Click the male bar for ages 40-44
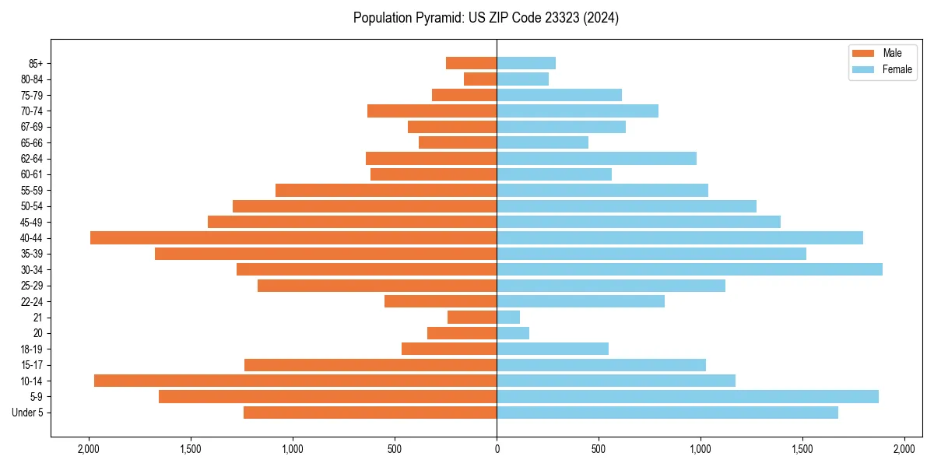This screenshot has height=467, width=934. point(293,237)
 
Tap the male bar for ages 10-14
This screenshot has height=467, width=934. point(296,381)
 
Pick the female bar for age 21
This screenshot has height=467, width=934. point(508,317)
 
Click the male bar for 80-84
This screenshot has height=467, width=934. point(480,79)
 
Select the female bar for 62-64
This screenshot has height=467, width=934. point(596,158)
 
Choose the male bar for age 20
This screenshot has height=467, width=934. point(462,333)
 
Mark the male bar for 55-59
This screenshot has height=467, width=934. point(386,190)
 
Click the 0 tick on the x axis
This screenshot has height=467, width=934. point(497,449)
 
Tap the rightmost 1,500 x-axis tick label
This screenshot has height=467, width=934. point(802,449)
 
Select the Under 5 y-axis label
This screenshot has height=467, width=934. point(28,413)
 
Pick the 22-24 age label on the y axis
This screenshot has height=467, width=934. point(31,301)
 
